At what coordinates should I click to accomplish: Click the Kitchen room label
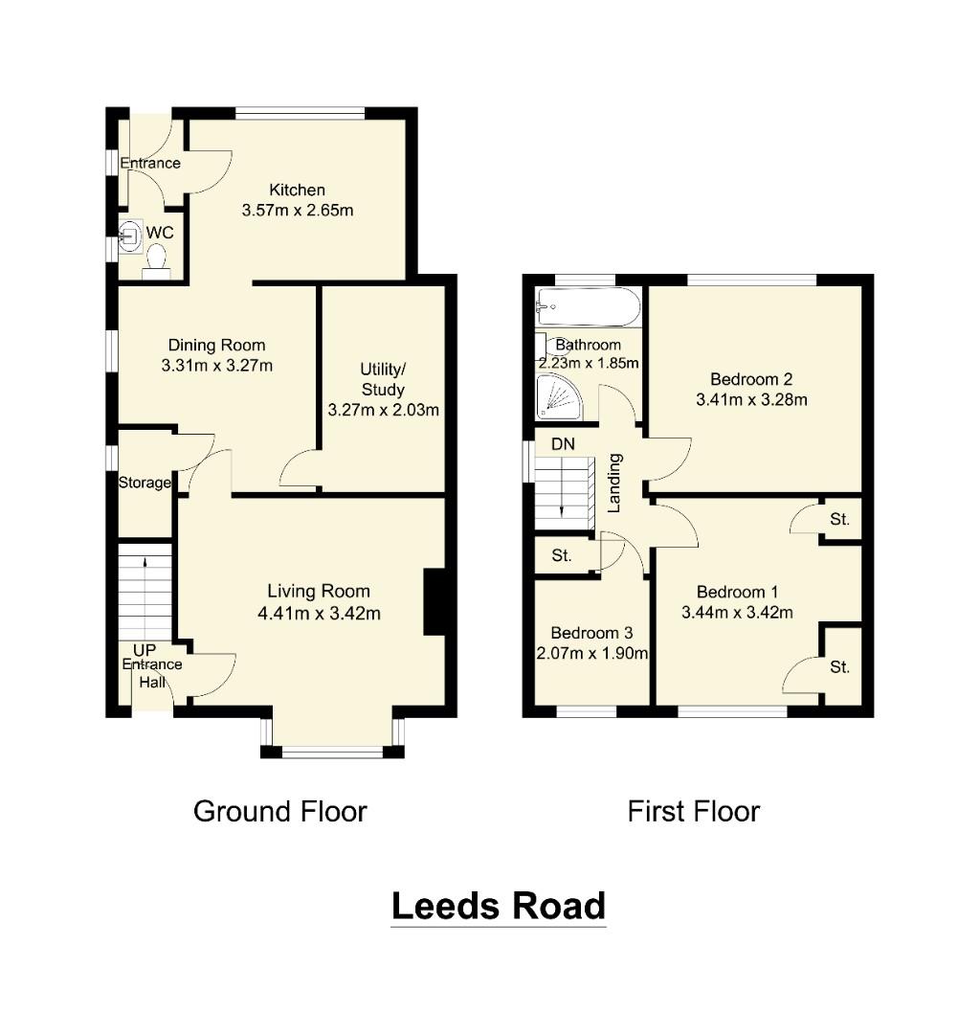[297, 190]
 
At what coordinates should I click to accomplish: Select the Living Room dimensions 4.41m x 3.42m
[319, 613]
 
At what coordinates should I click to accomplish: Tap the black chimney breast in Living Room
[434, 602]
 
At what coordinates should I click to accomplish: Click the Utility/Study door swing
[299, 471]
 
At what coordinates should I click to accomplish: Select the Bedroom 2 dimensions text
[751, 399]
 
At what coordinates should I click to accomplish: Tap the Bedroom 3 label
[591, 633]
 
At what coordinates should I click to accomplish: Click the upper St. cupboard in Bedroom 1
[839, 520]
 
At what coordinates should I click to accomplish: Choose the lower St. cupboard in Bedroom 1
[839, 667]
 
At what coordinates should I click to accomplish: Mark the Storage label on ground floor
[145, 483]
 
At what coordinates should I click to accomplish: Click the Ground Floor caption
[280, 812]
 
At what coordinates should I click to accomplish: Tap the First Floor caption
[693, 812]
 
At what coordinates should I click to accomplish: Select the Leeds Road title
[499, 905]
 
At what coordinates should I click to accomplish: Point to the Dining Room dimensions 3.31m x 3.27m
[217, 365]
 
